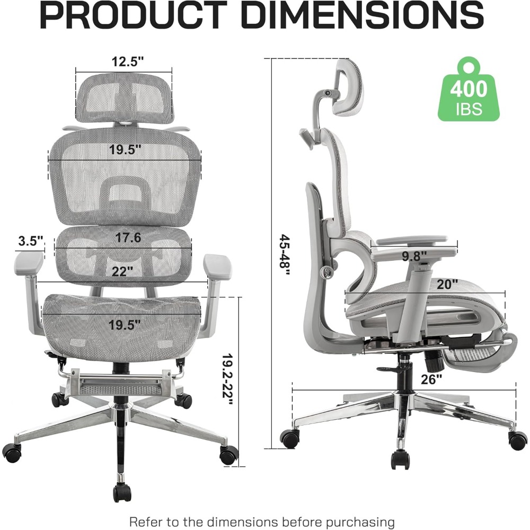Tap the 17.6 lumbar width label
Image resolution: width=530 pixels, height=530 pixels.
point(128,237)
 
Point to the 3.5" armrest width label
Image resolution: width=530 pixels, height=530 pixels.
point(31,241)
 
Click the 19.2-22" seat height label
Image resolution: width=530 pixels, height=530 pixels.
point(228,379)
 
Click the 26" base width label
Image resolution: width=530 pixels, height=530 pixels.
point(431,379)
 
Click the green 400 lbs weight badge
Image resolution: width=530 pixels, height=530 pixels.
point(469,90)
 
